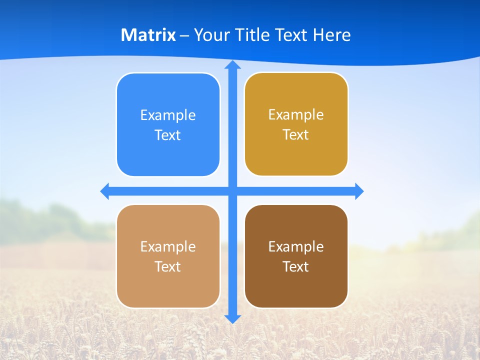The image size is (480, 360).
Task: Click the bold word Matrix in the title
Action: pyautogui.click(x=148, y=35)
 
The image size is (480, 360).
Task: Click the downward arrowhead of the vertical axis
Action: pyautogui.click(x=232, y=318)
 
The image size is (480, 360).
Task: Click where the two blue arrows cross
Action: pyautogui.click(x=232, y=191)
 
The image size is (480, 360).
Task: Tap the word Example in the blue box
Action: pyautogui.click(x=168, y=115)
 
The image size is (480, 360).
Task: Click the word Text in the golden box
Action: pyautogui.click(x=296, y=135)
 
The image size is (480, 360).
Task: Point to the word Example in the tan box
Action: pyautogui.click(x=168, y=247)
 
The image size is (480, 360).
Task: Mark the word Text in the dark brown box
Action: pyautogui.click(x=296, y=267)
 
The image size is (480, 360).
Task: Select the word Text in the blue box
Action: pyautogui.click(x=168, y=135)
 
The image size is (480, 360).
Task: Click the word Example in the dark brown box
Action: pyautogui.click(x=296, y=247)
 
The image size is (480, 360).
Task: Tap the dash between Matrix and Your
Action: pyautogui.click(x=184, y=35)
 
